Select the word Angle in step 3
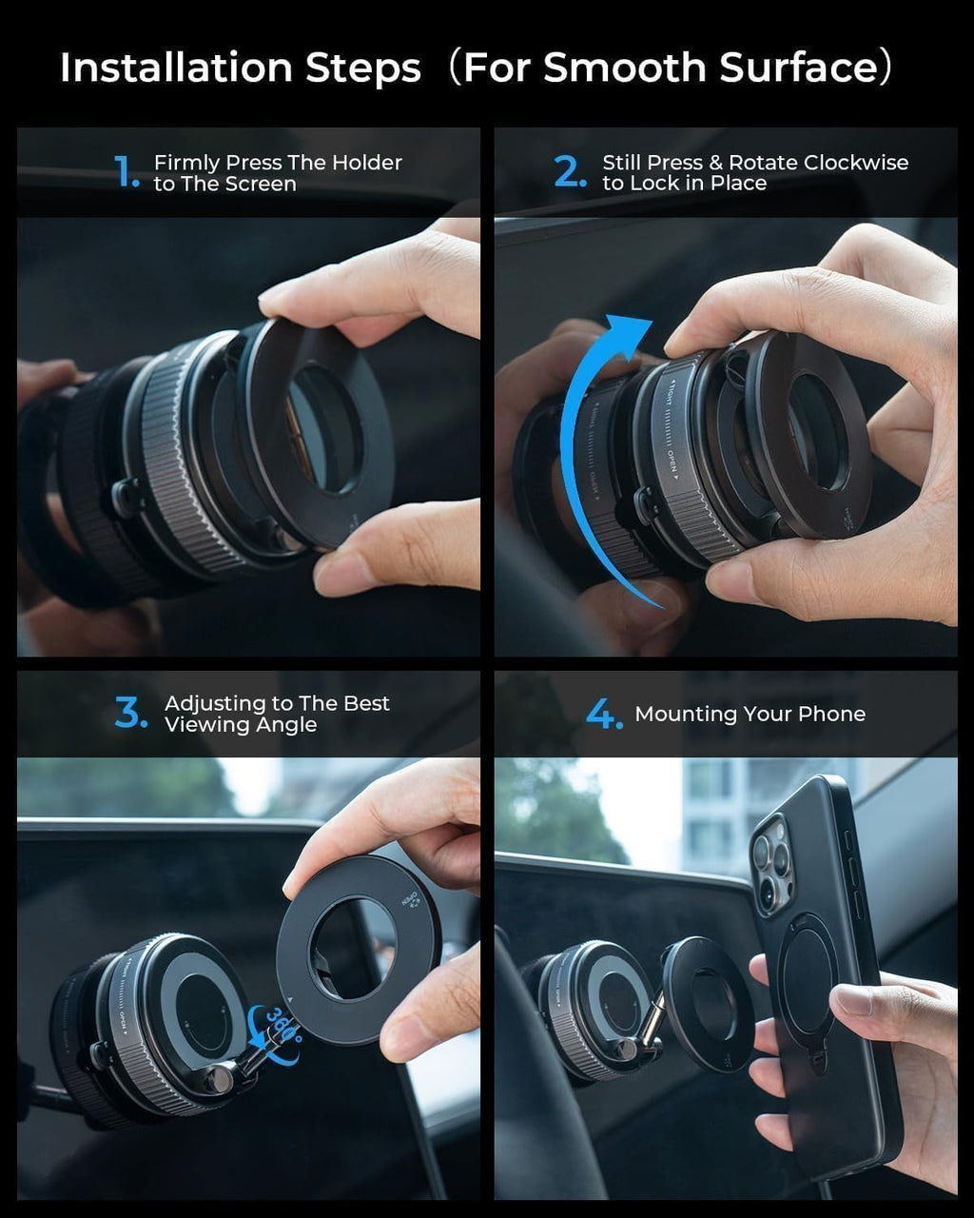click(x=286, y=725)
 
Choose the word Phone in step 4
click(x=833, y=714)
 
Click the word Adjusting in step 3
click(x=214, y=704)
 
